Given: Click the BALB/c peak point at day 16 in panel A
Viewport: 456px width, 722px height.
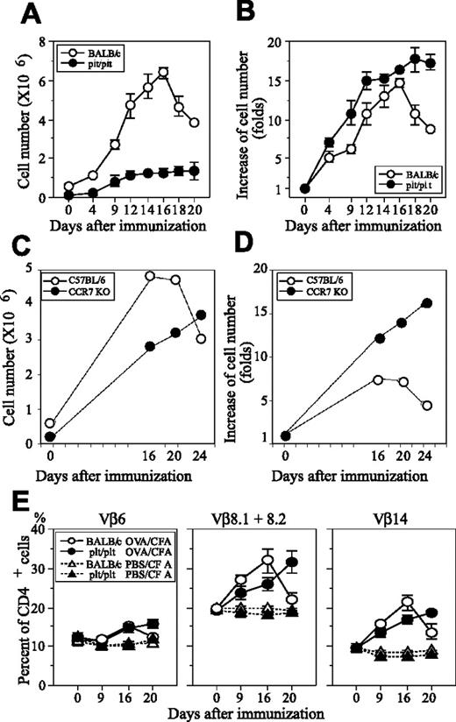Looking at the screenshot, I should click(x=163, y=73).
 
